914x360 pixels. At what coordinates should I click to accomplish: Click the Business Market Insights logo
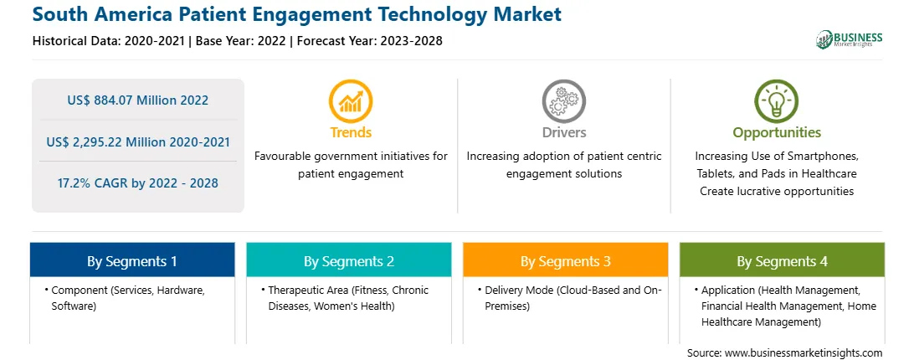850,39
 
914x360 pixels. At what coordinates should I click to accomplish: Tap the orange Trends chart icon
351,101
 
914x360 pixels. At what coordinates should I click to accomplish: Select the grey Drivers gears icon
563,101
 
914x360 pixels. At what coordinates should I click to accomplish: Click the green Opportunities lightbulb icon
777,101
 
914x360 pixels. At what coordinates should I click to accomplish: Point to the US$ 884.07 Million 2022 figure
137,100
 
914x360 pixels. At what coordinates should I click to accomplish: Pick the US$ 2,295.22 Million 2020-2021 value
137,141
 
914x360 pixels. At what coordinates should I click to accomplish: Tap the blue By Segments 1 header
132,261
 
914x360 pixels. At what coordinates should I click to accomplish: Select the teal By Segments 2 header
348,261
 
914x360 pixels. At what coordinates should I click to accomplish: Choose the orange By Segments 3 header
566,261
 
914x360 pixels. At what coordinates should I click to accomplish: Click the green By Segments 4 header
782,261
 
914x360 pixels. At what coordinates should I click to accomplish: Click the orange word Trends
351,132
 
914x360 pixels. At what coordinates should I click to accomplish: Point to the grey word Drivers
564,132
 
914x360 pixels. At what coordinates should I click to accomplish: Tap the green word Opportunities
777,132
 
